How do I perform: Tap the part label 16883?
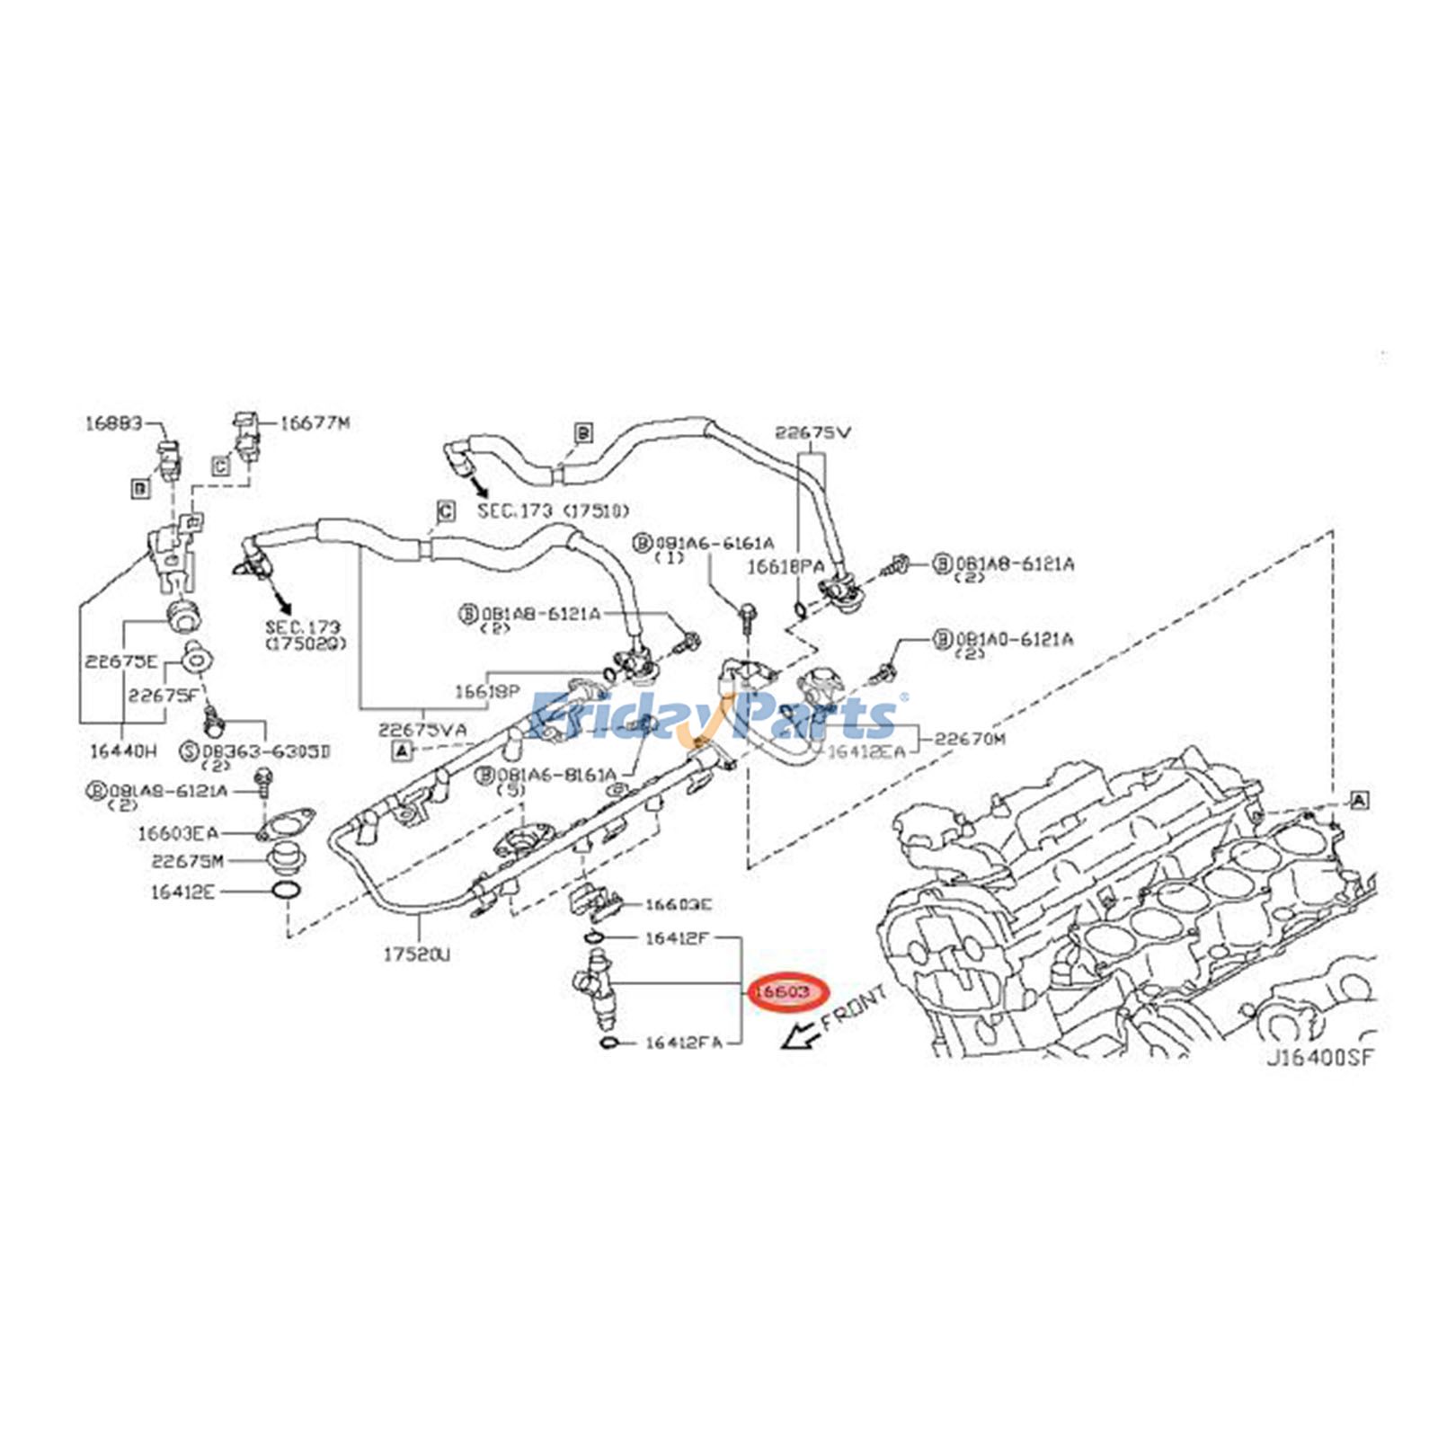(113, 422)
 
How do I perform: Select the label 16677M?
(315, 422)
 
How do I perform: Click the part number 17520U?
(416, 954)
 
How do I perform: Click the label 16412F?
(678, 939)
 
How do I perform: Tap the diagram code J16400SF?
(1320, 1058)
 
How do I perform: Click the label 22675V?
(813, 432)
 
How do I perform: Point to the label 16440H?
(123, 750)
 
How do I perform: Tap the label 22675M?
(187, 861)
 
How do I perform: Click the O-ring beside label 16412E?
(286, 892)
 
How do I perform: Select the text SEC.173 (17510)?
(546, 510)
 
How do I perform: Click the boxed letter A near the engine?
(1359, 800)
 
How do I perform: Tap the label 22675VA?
(422, 729)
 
